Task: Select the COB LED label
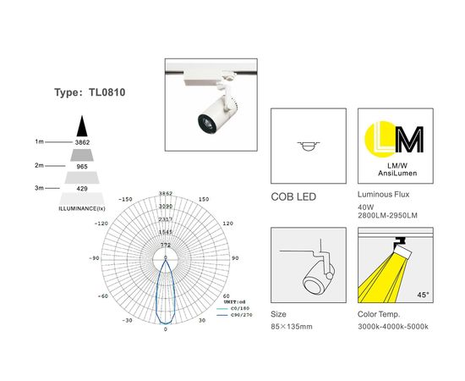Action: [x=294, y=196]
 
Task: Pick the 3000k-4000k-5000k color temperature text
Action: [x=395, y=324]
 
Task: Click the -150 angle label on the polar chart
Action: [x=127, y=199]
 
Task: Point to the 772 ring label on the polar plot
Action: [x=166, y=245]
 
